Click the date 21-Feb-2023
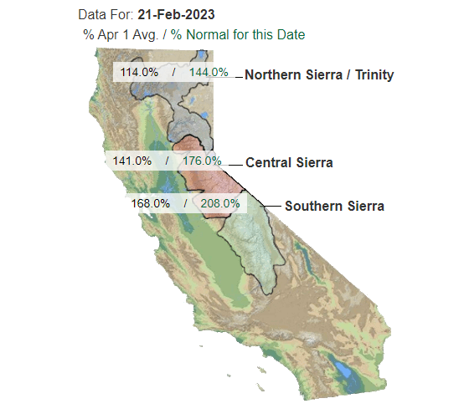(176, 14)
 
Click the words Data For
(106, 14)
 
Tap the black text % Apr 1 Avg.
(121, 34)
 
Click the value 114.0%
(139, 72)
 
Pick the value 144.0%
(209, 72)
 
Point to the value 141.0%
(132, 161)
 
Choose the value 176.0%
(202, 161)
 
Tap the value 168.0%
(150, 203)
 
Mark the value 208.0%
(220, 203)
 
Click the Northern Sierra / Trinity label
(319, 74)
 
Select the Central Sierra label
(289, 162)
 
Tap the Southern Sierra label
(334, 206)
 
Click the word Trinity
(374, 74)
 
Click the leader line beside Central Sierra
(235, 166)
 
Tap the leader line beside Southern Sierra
(272, 206)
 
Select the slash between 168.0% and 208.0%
(186, 203)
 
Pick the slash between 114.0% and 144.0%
(173, 72)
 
